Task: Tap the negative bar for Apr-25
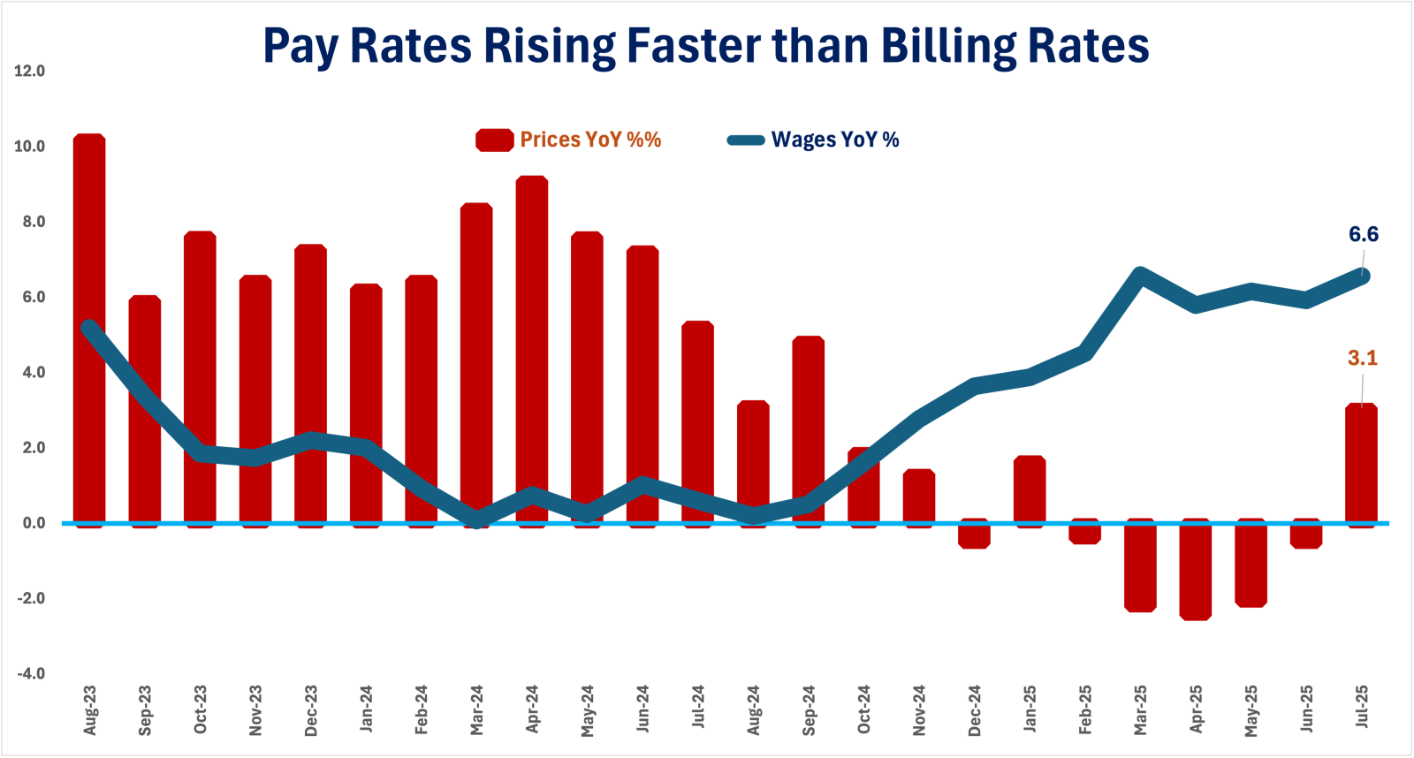tap(1196, 571)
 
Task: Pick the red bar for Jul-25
tap(1361, 464)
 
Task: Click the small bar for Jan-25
tap(1030, 489)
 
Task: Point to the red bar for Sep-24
tap(809, 429)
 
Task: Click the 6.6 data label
tap(1363, 234)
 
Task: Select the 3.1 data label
tap(1362, 358)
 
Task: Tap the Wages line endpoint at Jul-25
tap(1362, 276)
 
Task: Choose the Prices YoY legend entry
tap(589, 140)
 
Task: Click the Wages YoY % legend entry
tap(834, 140)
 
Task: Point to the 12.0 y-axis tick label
tap(30, 71)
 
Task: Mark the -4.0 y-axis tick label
tap(30, 673)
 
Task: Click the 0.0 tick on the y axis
tap(34, 523)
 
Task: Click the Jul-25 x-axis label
tap(1362, 707)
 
